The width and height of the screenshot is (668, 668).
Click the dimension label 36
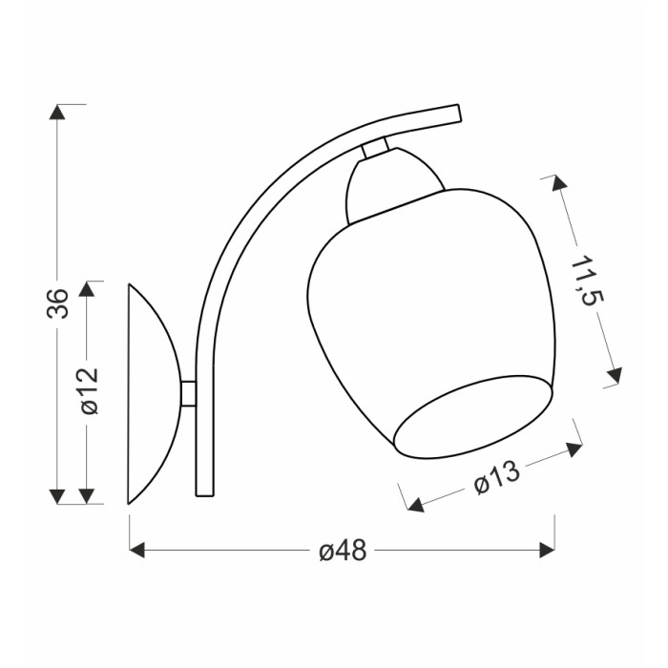57,303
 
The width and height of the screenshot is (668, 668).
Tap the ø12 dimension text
89,390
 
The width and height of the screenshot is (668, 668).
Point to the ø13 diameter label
497,477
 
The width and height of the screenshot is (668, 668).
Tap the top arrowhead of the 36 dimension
57,112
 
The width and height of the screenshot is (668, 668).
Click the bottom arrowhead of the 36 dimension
57,496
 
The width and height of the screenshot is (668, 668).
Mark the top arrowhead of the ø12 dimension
87,289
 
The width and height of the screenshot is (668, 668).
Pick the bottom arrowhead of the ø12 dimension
87,496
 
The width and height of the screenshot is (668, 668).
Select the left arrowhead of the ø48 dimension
136,550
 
